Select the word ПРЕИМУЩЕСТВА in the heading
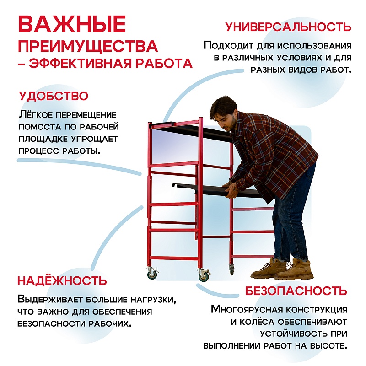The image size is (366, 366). (87, 46)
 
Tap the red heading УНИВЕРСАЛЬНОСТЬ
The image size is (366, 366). (288, 27)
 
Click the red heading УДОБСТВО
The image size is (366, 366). (54, 97)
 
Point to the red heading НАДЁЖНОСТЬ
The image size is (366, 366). (62, 280)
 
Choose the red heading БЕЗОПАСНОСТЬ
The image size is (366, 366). (296, 291)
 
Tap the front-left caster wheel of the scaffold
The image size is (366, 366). (151, 274)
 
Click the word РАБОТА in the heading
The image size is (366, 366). (163, 64)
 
